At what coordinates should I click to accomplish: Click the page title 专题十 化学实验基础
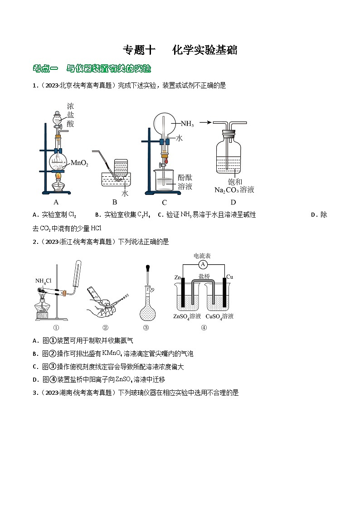[180, 50]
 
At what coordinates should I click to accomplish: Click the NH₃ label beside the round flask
[187, 123]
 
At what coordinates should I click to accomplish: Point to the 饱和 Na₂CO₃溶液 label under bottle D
[234, 186]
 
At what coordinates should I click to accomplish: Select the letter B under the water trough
[115, 202]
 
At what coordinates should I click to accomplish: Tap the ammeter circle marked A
[203, 264]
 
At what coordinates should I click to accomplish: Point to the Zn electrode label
[178, 277]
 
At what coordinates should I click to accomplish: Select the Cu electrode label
[229, 276]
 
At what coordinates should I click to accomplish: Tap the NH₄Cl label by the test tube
[44, 281]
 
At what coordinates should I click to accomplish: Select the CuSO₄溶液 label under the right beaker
[219, 316]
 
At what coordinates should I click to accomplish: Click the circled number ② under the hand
[105, 328]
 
